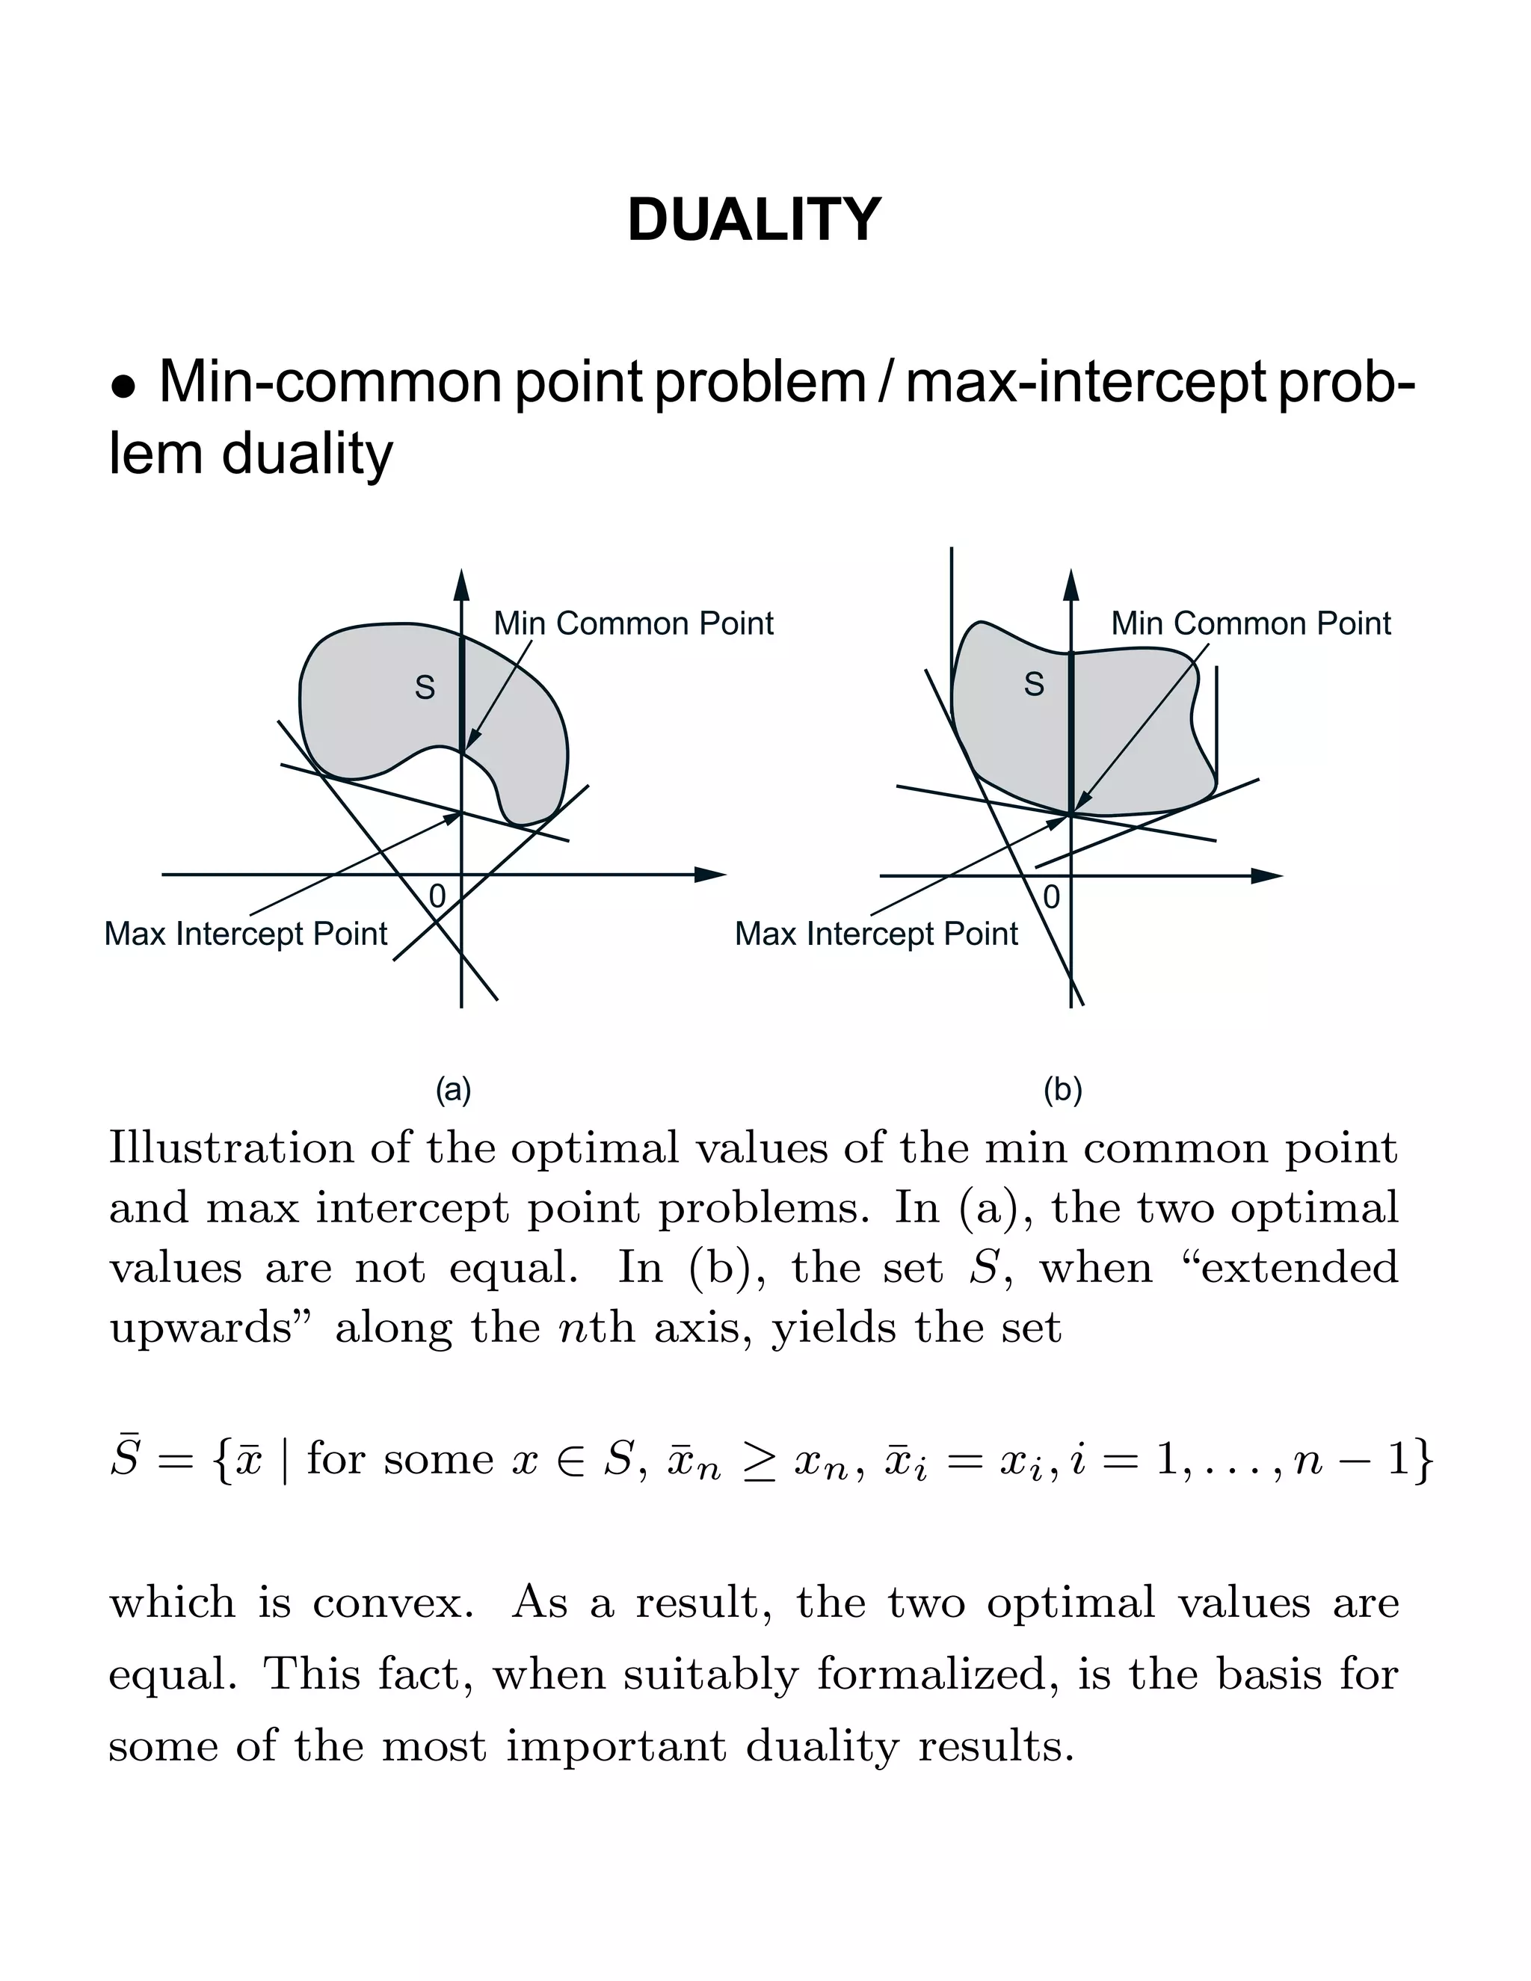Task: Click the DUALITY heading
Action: [754, 221]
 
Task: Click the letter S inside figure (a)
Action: [425, 688]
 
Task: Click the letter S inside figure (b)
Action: [1034, 684]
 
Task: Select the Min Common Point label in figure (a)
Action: [633, 624]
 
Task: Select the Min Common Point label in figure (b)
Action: [1251, 624]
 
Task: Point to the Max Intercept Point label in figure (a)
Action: [246, 934]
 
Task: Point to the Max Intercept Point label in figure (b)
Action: [876, 934]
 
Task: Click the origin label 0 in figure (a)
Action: [437, 896]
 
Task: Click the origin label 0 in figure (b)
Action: [1051, 897]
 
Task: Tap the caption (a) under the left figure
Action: [454, 1089]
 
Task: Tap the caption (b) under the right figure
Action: [1063, 1089]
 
